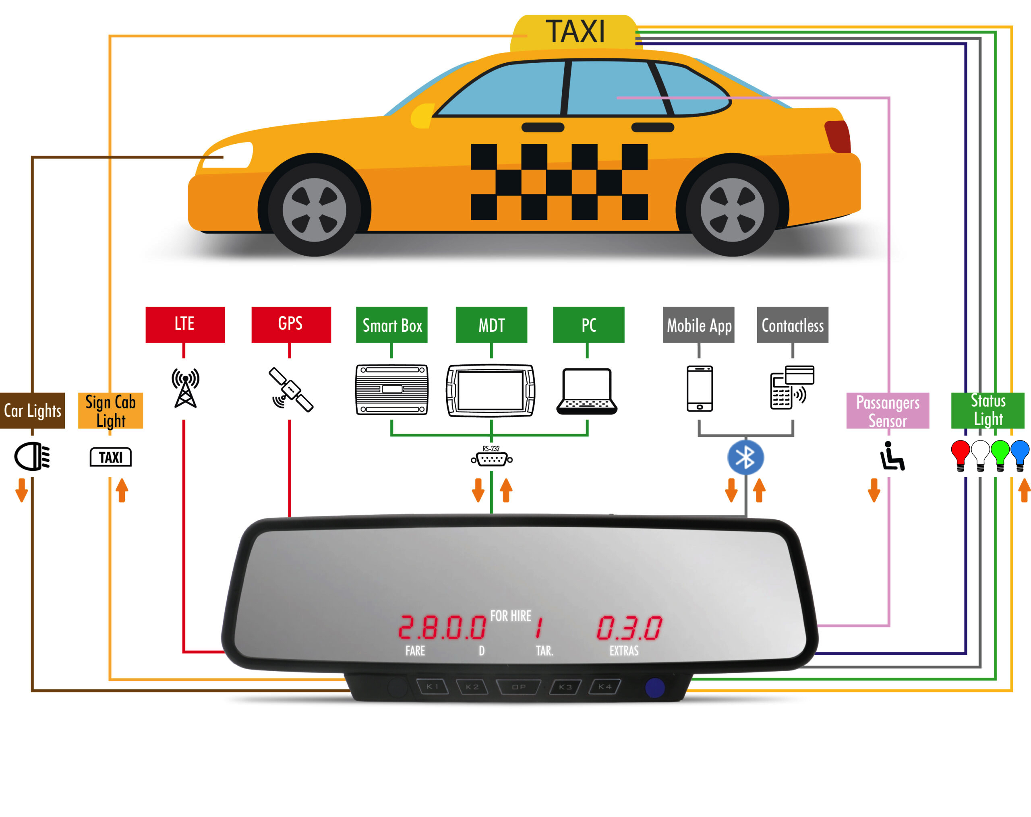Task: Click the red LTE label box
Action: (x=185, y=325)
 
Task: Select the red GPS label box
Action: (x=291, y=325)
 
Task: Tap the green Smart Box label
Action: (x=391, y=325)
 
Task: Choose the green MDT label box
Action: (x=491, y=325)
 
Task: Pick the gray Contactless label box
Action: (x=792, y=325)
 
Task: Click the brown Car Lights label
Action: (x=32, y=410)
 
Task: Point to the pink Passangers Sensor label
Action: (x=888, y=411)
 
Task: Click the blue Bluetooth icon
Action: (x=745, y=457)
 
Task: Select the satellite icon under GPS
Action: (x=291, y=390)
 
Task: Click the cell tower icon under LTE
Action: (x=186, y=388)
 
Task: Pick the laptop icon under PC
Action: (x=587, y=391)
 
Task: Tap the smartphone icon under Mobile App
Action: (x=700, y=388)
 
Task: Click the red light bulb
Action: (x=960, y=454)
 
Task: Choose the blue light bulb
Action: (x=1020, y=454)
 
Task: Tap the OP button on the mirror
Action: (x=519, y=687)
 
